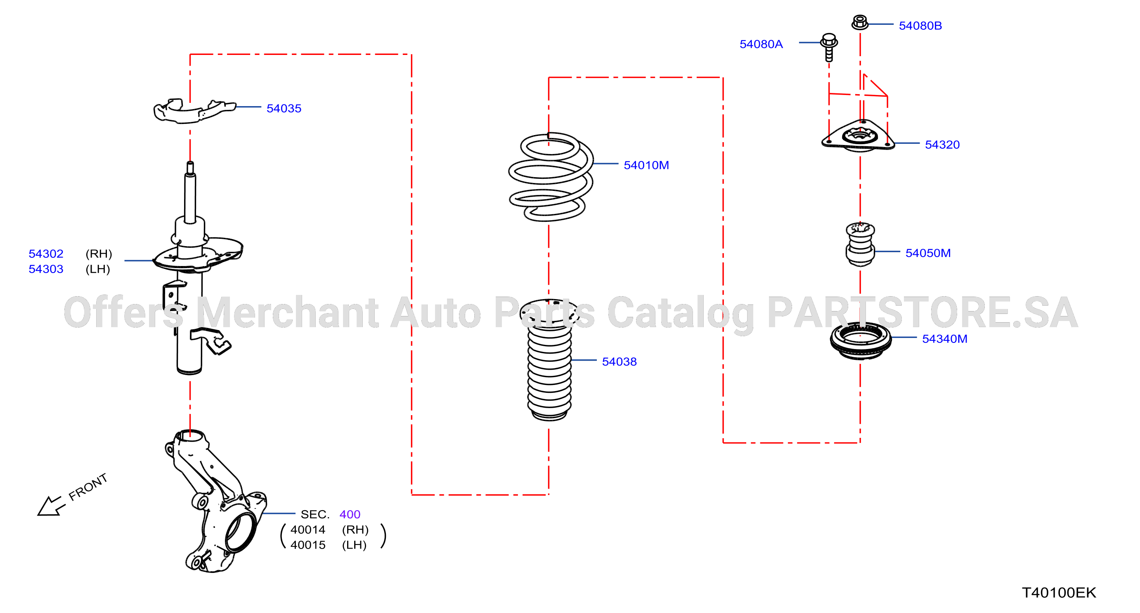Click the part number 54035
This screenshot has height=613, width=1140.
284,109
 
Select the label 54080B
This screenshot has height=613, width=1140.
920,26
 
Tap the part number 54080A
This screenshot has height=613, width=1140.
761,44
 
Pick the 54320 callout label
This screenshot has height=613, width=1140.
942,145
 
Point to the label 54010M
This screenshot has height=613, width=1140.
646,165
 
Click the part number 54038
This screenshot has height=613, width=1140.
619,362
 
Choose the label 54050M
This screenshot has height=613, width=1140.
927,253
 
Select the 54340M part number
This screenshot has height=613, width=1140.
944,339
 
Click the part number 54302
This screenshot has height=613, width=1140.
46,254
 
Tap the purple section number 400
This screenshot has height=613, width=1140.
350,514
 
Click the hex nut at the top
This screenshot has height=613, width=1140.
860,22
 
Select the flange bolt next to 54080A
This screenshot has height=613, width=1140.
829,47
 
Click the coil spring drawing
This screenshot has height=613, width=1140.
551,177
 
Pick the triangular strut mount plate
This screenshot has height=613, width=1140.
859,136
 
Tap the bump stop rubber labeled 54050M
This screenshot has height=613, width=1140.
860,245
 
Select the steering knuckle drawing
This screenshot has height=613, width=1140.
215,501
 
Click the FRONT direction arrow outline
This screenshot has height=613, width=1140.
51,506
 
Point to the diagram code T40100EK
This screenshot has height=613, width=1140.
1059,593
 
